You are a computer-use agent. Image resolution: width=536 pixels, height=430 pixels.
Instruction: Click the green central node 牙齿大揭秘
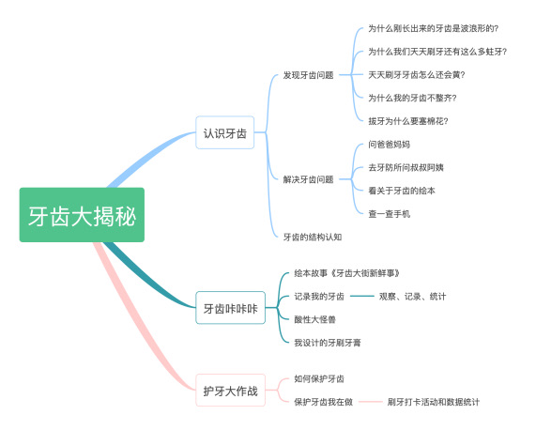pos(82,215)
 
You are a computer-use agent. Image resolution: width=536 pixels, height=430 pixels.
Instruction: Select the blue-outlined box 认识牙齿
pos(225,132)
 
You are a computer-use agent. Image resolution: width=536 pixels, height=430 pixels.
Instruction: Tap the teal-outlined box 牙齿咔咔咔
pos(230,308)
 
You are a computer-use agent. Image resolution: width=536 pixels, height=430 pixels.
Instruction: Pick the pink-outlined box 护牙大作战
pos(230,391)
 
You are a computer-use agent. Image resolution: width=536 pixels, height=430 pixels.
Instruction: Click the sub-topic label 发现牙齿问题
pos(308,75)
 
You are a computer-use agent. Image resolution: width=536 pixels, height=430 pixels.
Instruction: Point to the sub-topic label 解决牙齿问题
pos(308,179)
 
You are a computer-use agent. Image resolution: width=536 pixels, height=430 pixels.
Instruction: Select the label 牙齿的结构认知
pos(313,237)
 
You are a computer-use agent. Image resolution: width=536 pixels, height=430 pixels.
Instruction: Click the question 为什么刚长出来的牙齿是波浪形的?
pos(433,28)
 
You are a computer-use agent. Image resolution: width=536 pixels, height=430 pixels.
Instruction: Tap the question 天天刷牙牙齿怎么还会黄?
pos(417,75)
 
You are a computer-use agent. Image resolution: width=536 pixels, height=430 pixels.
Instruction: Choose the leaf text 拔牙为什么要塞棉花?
pos(408,121)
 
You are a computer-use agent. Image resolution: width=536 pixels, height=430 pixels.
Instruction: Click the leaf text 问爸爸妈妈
pos(389,145)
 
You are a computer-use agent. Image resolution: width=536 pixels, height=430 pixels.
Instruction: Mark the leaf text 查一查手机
pos(389,214)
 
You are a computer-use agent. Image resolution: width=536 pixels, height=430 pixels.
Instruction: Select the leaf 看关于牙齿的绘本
pos(402,191)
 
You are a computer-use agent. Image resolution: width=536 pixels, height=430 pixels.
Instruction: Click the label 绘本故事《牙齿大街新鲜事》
pos(347,273)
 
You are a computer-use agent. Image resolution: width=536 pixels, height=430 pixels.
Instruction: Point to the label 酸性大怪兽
pos(314,319)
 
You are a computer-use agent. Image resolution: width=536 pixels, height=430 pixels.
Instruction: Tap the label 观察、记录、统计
pos(413,297)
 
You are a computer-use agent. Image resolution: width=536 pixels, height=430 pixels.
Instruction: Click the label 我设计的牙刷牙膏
pos(328,343)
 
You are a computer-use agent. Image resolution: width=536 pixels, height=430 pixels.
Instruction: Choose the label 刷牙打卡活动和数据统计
pos(434,402)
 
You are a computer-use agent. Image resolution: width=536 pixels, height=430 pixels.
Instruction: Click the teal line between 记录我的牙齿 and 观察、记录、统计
pos(362,296)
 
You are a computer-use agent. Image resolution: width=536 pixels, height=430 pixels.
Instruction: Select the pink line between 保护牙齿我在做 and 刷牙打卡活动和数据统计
pos(370,402)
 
